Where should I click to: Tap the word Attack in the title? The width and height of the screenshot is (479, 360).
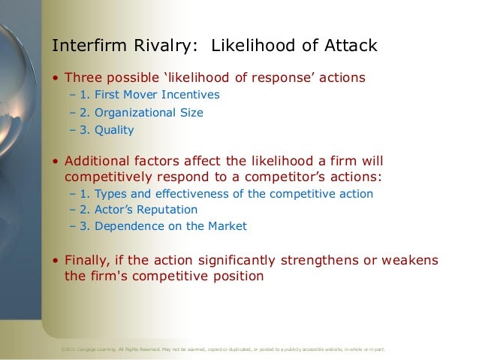[x=347, y=47]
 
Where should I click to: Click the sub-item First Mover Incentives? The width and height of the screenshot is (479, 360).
[x=149, y=95]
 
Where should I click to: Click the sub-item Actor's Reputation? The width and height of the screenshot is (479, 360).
[x=137, y=210]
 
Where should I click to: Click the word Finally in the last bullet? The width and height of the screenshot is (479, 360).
[x=88, y=261]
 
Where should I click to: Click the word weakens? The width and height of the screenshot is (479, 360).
[x=409, y=261]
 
